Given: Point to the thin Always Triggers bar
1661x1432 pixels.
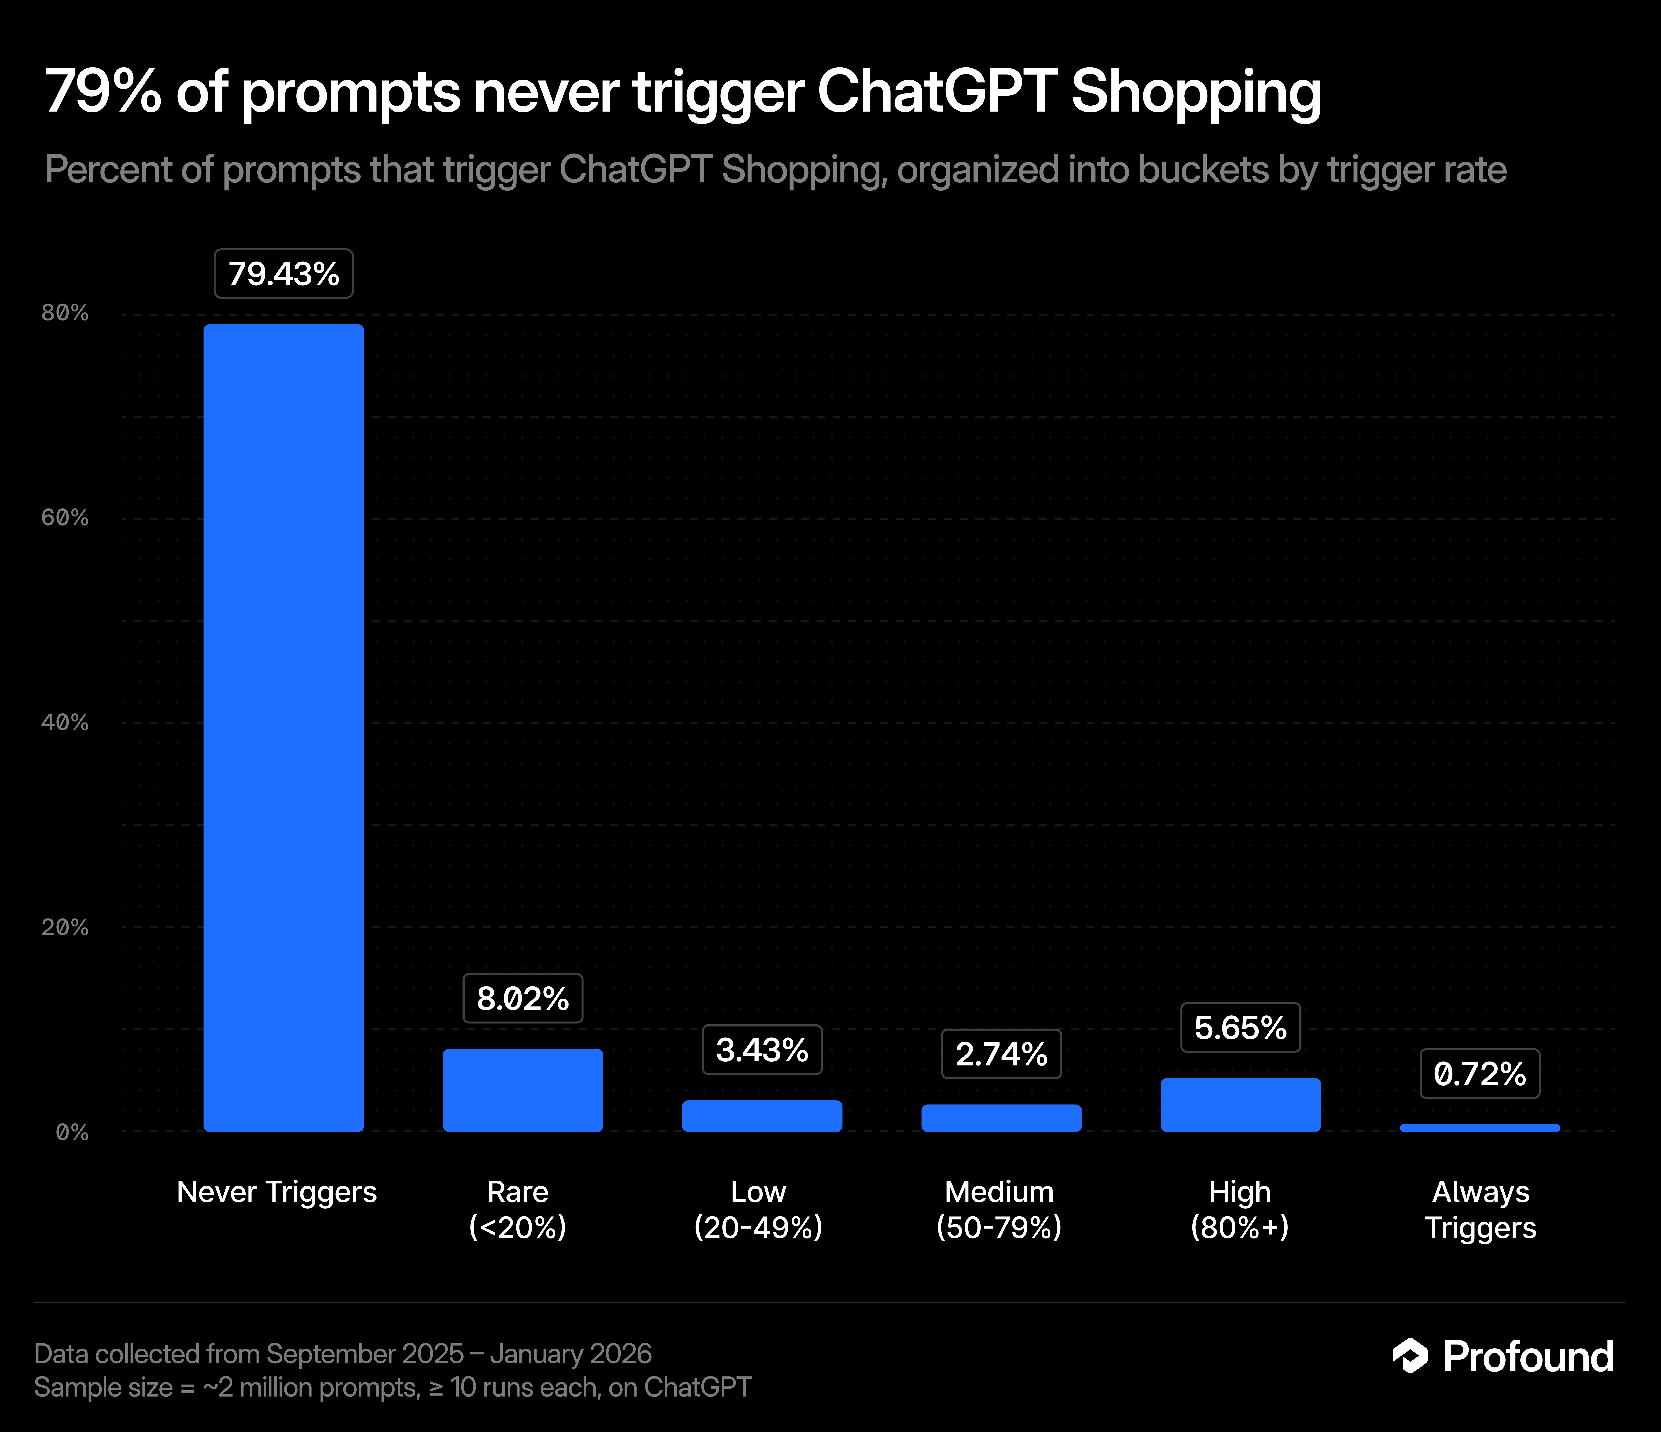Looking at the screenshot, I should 1480,1128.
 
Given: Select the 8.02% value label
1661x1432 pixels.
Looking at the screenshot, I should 523,998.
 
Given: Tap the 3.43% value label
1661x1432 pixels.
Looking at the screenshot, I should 762,1050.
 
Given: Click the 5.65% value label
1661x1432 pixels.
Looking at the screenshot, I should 1240,1027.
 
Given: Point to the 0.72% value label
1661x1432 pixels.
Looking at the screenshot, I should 1480,1074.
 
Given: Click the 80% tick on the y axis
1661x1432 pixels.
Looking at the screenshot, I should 65,313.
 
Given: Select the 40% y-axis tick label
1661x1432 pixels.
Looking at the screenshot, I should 65,722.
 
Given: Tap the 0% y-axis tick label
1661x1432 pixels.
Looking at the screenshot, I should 72,1132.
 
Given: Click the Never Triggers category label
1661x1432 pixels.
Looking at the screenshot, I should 277,1192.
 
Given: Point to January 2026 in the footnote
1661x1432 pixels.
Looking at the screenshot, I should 571,1353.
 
